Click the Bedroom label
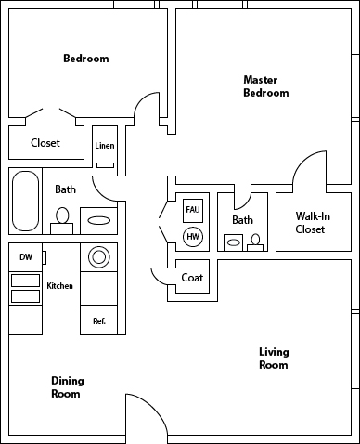click(85, 59)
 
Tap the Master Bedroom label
click(265, 86)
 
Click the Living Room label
click(273, 359)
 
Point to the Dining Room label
click(65, 387)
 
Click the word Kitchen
click(59, 286)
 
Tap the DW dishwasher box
click(25, 257)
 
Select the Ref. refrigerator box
click(98, 321)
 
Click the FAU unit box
click(193, 210)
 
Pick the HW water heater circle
click(193, 237)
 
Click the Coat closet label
click(192, 278)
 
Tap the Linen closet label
click(104, 146)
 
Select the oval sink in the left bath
click(98, 221)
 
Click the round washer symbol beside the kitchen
click(98, 256)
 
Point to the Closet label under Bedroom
click(45, 143)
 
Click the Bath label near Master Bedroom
click(242, 220)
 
